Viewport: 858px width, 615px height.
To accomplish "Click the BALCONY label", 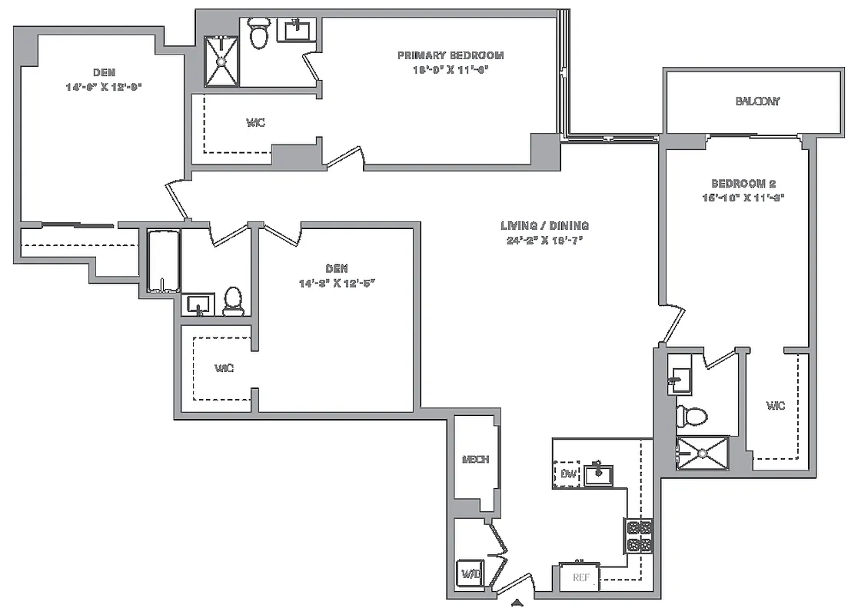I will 757,101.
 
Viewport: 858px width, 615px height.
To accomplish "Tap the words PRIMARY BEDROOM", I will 451,55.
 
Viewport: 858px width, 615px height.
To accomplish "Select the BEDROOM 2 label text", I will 743,184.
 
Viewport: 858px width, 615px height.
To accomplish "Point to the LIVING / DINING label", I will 544,226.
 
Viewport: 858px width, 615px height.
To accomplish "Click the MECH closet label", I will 475,460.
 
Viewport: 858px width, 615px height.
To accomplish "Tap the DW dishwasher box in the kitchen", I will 567,473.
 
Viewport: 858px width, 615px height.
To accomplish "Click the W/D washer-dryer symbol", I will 470,573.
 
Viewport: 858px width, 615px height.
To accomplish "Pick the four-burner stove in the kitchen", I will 637,537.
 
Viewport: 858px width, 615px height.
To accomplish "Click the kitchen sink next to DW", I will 597,474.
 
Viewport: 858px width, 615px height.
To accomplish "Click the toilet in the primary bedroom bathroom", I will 258,33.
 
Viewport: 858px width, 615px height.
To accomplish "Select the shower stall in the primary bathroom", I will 221,61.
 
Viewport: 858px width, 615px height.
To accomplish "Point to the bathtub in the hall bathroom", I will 162,261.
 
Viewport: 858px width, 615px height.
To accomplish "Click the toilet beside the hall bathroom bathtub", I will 233,301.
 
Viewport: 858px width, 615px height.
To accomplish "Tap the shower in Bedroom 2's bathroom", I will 701,453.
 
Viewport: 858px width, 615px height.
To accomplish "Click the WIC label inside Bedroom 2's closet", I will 776,406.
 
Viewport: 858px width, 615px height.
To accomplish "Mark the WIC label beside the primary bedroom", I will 256,123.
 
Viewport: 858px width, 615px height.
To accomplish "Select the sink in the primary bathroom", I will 297,30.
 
